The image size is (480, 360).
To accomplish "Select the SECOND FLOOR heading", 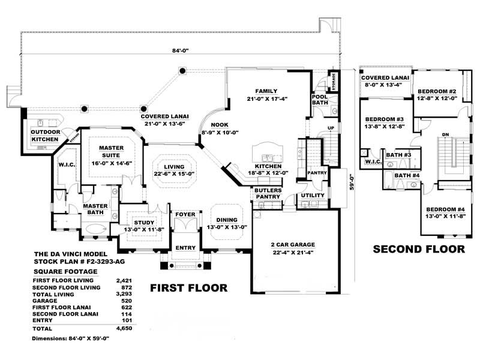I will (419, 248).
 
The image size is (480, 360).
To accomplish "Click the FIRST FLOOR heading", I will (188, 289).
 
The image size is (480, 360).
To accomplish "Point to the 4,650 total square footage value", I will (123, 329).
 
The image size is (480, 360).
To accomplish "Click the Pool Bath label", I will (319, 100).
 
